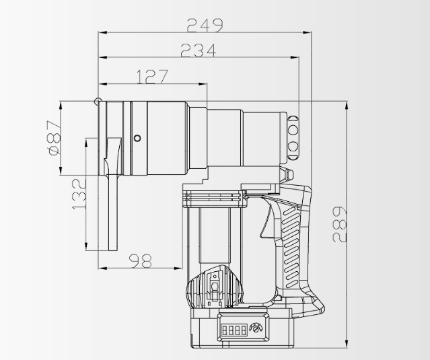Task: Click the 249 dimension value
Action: (x=205, y=25)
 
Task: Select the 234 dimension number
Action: (x=198, y=50)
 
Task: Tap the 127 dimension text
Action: (x=152, y=77)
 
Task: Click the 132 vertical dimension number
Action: (x=78, y=194)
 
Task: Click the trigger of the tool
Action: (x=268, y=223)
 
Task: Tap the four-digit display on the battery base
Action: (x=232, y=330)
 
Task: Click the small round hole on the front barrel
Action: (x=137, y=138)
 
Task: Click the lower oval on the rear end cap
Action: (x=293, y=146)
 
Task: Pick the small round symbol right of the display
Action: (x=254, y=329)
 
